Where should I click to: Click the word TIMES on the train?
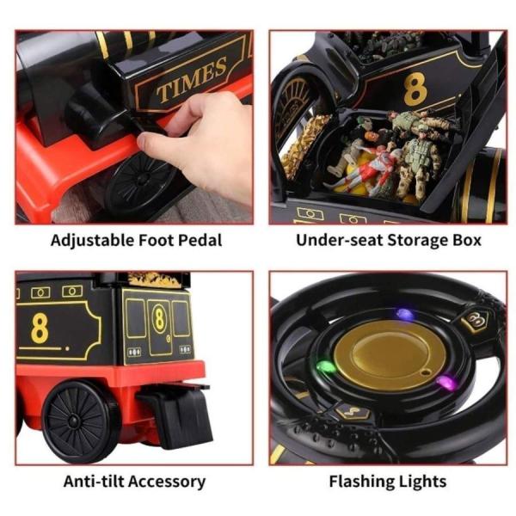(x=192, y=79)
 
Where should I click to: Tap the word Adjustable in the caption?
(x=92, y=241)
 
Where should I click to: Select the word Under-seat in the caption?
(x=340, y=240)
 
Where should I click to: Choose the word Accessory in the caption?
(x=167, y=482)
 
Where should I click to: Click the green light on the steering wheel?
(x=326, y=366)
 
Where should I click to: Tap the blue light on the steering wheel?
(x=405, y=315)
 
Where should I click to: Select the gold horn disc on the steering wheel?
(x=390, y=355)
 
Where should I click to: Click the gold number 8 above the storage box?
(x=415, y=89)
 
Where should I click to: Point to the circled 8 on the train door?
(x=160, y=318)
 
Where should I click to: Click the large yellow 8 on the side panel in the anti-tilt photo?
(x=40, y=329)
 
